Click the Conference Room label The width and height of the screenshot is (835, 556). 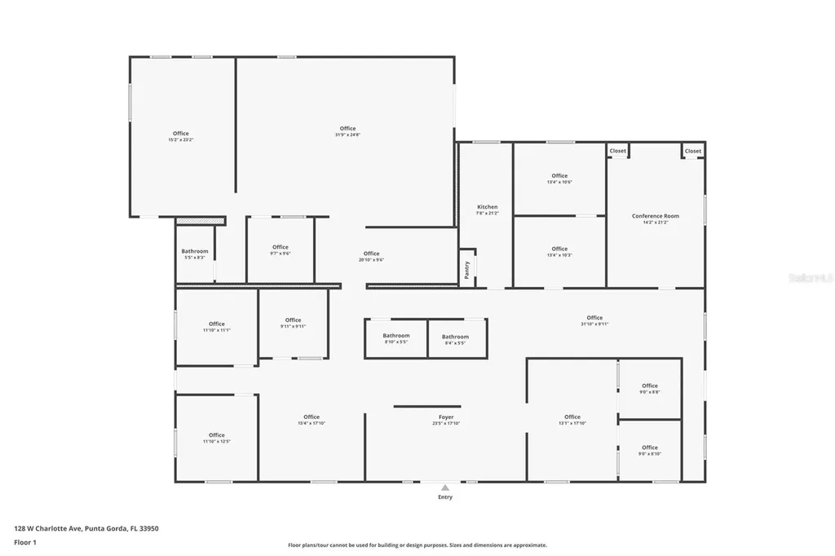pos(655,216)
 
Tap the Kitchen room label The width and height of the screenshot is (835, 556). pos(487,207)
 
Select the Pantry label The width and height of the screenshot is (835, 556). pos(467,270)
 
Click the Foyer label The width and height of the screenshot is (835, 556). pos(446,417)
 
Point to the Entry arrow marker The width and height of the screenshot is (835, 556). pos(445,488)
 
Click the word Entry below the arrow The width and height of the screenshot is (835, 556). pos(445,497)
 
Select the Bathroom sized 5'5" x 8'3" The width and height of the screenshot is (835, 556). pos(195,251)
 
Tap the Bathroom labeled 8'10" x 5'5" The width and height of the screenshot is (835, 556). pos(396,336)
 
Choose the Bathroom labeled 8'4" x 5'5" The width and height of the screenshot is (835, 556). pos(455,337)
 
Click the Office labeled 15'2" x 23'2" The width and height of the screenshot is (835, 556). pos(181,134)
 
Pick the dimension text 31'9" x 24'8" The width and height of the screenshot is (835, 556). pos(348,135)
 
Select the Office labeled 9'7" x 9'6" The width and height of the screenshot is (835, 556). pos(281,247)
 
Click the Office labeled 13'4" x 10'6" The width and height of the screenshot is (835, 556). pos(559,176)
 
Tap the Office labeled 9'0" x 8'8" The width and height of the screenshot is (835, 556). pos(650,386)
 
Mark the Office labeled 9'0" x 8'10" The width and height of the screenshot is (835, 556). pos(650,448)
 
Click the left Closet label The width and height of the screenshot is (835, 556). pos(617,151)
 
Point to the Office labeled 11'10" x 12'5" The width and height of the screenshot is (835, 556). pos(216,435)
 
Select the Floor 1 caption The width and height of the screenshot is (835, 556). pos(24,542)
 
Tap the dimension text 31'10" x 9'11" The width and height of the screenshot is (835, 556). pos(594,324)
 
